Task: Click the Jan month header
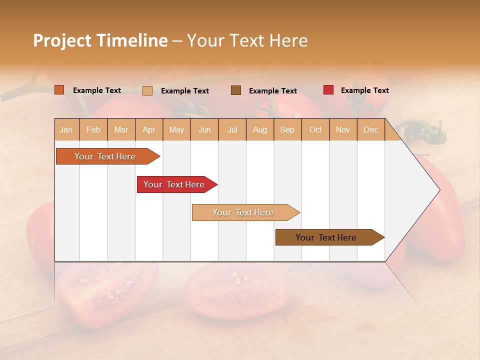pos(66,129)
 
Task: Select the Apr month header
pos(149,129)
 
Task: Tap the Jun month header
pos(204,129)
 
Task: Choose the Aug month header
pos(260,129)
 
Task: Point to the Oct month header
pos(315,129)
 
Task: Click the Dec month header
pos(370,129)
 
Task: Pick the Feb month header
pos(93,129)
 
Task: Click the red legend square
pos(328,90)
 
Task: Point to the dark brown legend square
pos(236,90)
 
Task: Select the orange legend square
pos(59,90)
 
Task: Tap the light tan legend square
pos(147,90)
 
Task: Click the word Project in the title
pos(62,40)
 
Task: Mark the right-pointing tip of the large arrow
pos(438,190)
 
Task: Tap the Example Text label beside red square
pos(364,90)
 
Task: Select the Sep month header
pos(287,129)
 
